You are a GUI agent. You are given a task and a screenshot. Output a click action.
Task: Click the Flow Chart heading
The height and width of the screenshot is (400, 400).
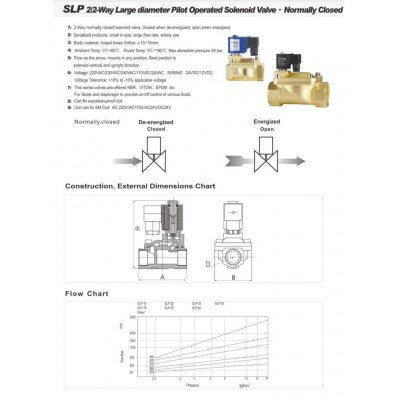[86, 294]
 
